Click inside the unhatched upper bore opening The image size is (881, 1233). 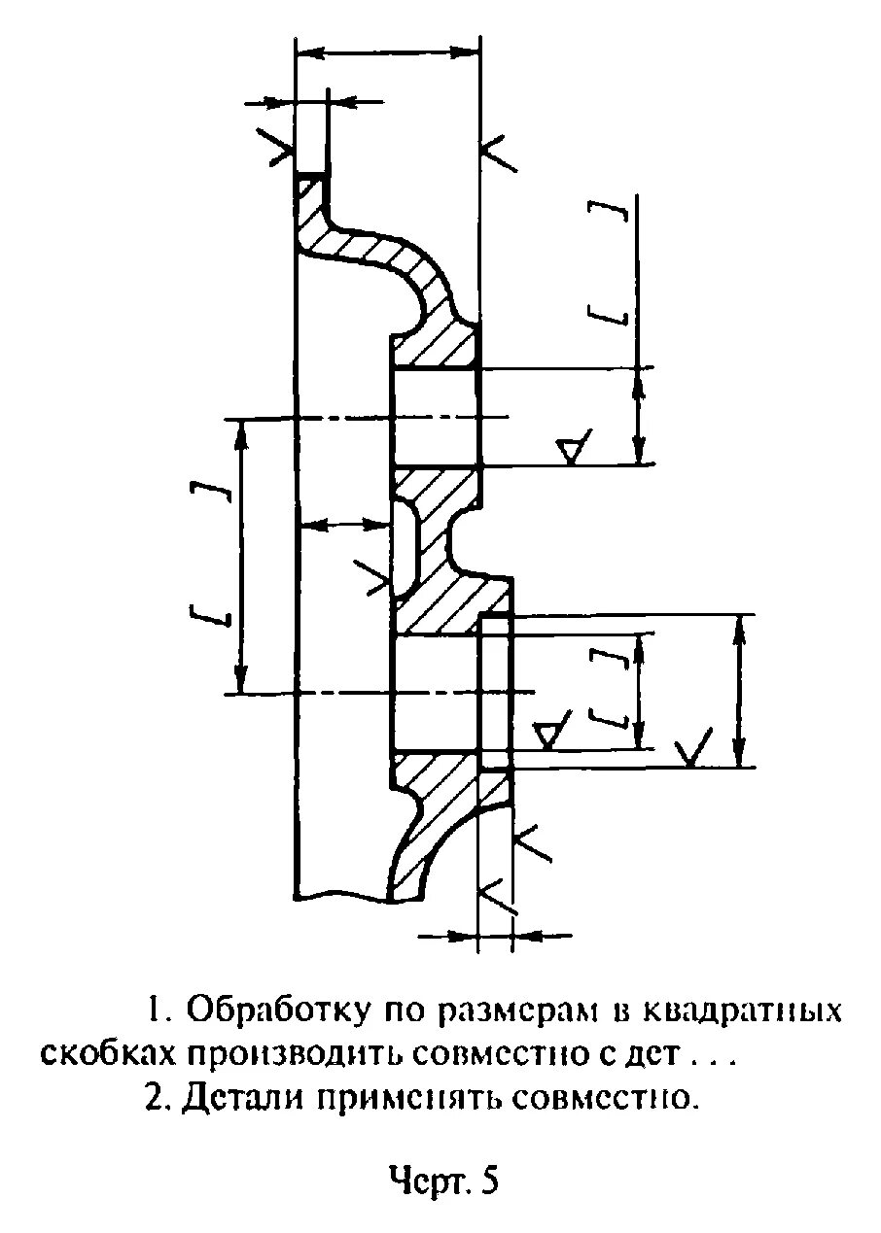[435, 418]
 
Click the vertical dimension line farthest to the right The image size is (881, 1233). [741, 691]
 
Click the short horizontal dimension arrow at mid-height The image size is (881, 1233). [343, 526]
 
